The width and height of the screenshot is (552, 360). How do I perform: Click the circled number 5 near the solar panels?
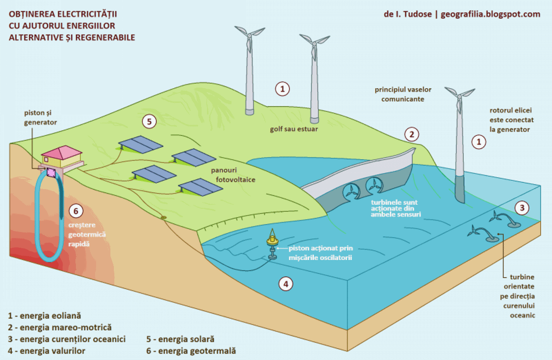148,121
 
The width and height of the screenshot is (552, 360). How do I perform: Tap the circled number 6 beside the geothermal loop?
75,211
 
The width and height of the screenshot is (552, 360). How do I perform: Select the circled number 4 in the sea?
286,283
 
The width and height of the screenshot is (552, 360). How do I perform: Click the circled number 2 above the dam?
412,134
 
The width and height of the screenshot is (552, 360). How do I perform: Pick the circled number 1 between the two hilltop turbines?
282,89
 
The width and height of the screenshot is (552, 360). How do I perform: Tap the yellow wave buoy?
272,240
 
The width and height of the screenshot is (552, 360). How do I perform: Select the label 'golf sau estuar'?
294,129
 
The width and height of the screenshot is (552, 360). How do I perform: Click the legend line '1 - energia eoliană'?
44,315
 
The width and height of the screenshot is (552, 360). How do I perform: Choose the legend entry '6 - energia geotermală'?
191,351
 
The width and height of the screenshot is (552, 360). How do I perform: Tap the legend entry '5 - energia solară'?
180,339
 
